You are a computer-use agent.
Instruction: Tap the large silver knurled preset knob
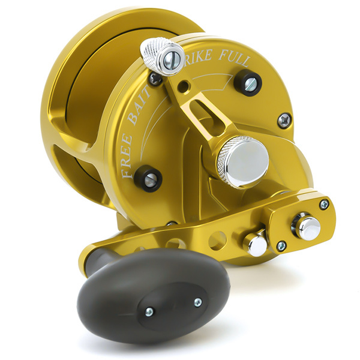[x=243, y=160]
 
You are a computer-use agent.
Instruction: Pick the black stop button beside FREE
[x=148, y=178]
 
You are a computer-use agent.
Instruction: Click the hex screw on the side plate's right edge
[x=284, y=120]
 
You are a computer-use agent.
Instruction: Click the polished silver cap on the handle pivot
[x=307, y=227]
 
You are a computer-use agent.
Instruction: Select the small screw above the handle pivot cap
[x=324, y=205]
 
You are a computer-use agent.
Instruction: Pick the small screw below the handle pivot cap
[x=281, y=246]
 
